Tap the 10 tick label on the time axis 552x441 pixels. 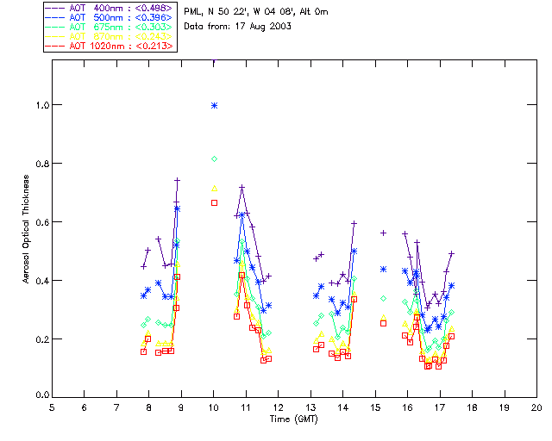coord(214,407)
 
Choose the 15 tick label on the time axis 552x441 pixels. coord(375,407)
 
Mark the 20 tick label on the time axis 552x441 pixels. coord(536,407)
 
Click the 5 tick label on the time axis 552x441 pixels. coord(53,407)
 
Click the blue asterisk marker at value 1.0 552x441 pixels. coord(214,105)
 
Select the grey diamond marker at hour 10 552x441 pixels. coord(214,158)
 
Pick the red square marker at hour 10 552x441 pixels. coord(214,202)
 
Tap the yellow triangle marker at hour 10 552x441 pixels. coord(214,188)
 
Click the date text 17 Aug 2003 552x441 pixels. coord(264,27)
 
